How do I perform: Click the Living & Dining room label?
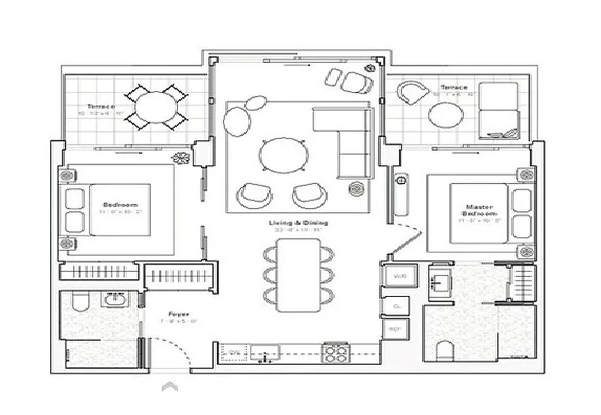pyautogui.click(x=298, y=223)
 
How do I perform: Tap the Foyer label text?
pyautogui.click(x=178, y=314)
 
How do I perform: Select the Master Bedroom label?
pyautogui.click(x=478, y=209)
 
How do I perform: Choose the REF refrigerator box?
pyautogui.click(x=396, y=329)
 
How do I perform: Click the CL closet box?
pyautogui.click(x=397, y=306)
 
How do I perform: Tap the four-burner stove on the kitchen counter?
pyautogui.click(x=336, y=353)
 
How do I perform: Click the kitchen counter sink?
pyautogui.click(x=265, y=353)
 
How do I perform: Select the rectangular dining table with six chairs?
pyautogui.click(x=298, y=275)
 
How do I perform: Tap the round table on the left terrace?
pyautogui.click(x=156, y=107)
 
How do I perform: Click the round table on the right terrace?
pyautogui.click(x=444, y=115)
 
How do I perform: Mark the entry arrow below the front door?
pyautogui.click(x=170, y=386)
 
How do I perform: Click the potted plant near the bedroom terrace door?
pyautogui.click(x=181, y=158)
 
